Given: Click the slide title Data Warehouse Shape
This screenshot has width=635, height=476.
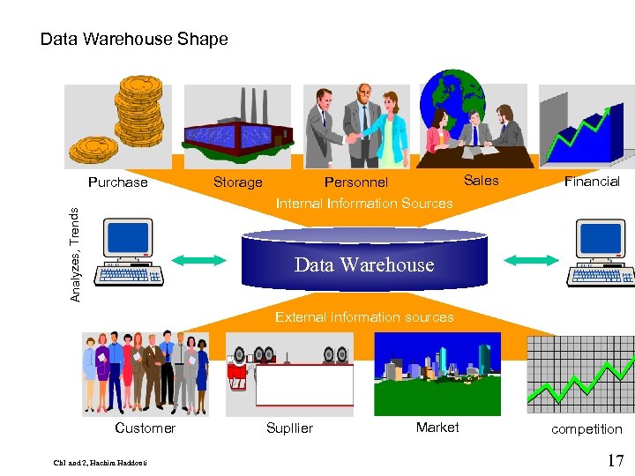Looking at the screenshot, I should tap(134, 40).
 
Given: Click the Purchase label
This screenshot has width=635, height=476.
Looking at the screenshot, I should tap(118, 182).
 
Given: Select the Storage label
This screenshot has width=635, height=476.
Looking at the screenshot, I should tap(238, 182).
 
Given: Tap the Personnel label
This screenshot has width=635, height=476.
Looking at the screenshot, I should tap(356, 182).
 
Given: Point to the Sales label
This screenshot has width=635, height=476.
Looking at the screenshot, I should tap(481, 181).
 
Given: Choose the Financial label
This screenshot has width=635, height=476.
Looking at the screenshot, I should tap(592, 182).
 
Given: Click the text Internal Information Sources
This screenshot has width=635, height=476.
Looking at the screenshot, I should tap(364, 203).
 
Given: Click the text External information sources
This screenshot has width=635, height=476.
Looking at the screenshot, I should tap(364, 316).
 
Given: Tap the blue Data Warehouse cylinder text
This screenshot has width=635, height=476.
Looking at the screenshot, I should tap(364, 264).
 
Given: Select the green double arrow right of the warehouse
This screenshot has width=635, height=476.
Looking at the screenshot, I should tap(531, 260).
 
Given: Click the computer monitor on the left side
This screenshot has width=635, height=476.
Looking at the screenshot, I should tap(129, 238).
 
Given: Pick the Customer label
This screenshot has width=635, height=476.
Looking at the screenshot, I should tap(146, 428).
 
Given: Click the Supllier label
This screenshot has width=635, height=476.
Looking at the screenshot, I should tap(289, 428).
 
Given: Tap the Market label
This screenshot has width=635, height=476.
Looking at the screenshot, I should tap(437, 428).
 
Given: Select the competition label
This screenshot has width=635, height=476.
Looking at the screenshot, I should tap(586, 429).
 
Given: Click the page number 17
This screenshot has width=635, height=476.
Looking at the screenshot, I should tap(616, 460).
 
